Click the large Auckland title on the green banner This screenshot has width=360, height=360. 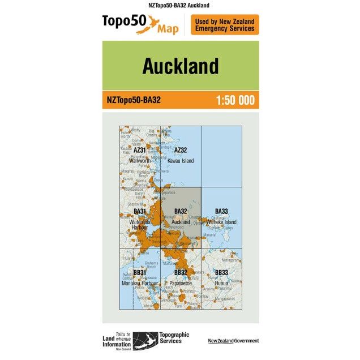[180, 66]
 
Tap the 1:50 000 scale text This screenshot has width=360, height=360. [235, 101]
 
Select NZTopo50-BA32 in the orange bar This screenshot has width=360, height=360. [134, 101]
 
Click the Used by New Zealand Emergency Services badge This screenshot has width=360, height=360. [225, 25]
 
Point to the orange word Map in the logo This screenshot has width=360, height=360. [168, 29]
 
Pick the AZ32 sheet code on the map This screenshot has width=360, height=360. [181, 150]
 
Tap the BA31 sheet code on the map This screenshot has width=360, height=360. [140, 212]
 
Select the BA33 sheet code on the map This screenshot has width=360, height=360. [221, 212]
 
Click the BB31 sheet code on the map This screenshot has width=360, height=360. [140, 273]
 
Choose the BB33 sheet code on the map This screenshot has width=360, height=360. [221, 273]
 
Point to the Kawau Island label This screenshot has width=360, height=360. [181, 161]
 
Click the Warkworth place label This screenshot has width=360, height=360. [140, 161]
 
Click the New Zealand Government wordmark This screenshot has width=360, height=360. [233, 340]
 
